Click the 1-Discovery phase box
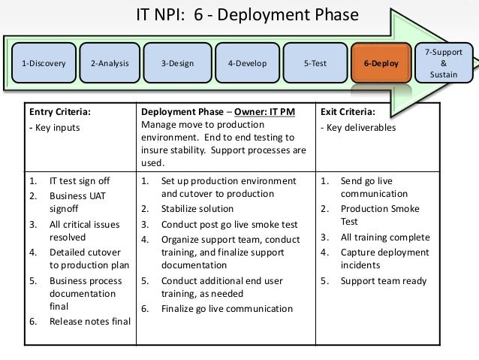click(44, 63)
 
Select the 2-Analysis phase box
click(110, 63)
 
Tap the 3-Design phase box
click(177, 63)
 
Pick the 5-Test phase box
click(315, 63)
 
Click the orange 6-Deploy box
click(381, 63)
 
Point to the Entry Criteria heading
click(60, 112)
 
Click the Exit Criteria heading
click(348, 112)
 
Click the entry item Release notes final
click(89, 322)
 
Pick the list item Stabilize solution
click(197, 209)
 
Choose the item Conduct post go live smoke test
click(229, 224)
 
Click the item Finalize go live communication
click(227, 308)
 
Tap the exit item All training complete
click(385, 237)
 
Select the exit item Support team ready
click(383, 281)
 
